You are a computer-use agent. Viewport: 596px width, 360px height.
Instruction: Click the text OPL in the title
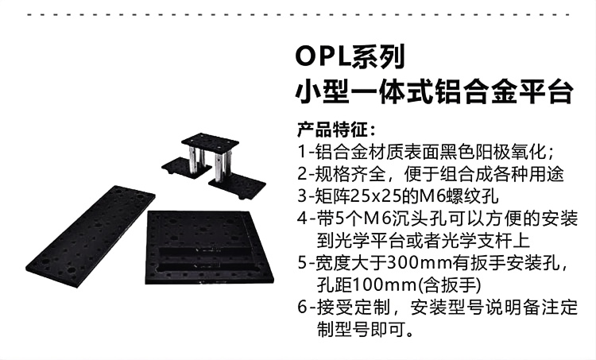[323, 56]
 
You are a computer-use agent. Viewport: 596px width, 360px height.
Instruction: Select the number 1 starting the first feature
[302, 152]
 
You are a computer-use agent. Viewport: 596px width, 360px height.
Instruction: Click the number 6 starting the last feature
[302, 308]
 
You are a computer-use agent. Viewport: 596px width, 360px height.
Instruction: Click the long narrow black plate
[91, 237]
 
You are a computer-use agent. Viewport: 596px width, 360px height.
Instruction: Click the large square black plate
[209, 248]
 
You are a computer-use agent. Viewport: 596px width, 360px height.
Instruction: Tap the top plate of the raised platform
[211, 144]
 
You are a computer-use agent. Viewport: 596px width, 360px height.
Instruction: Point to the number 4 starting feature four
[302, 219]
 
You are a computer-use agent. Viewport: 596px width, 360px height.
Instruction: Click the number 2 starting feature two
[302, 174]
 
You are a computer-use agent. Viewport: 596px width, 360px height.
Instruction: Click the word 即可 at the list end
[387, 330]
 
